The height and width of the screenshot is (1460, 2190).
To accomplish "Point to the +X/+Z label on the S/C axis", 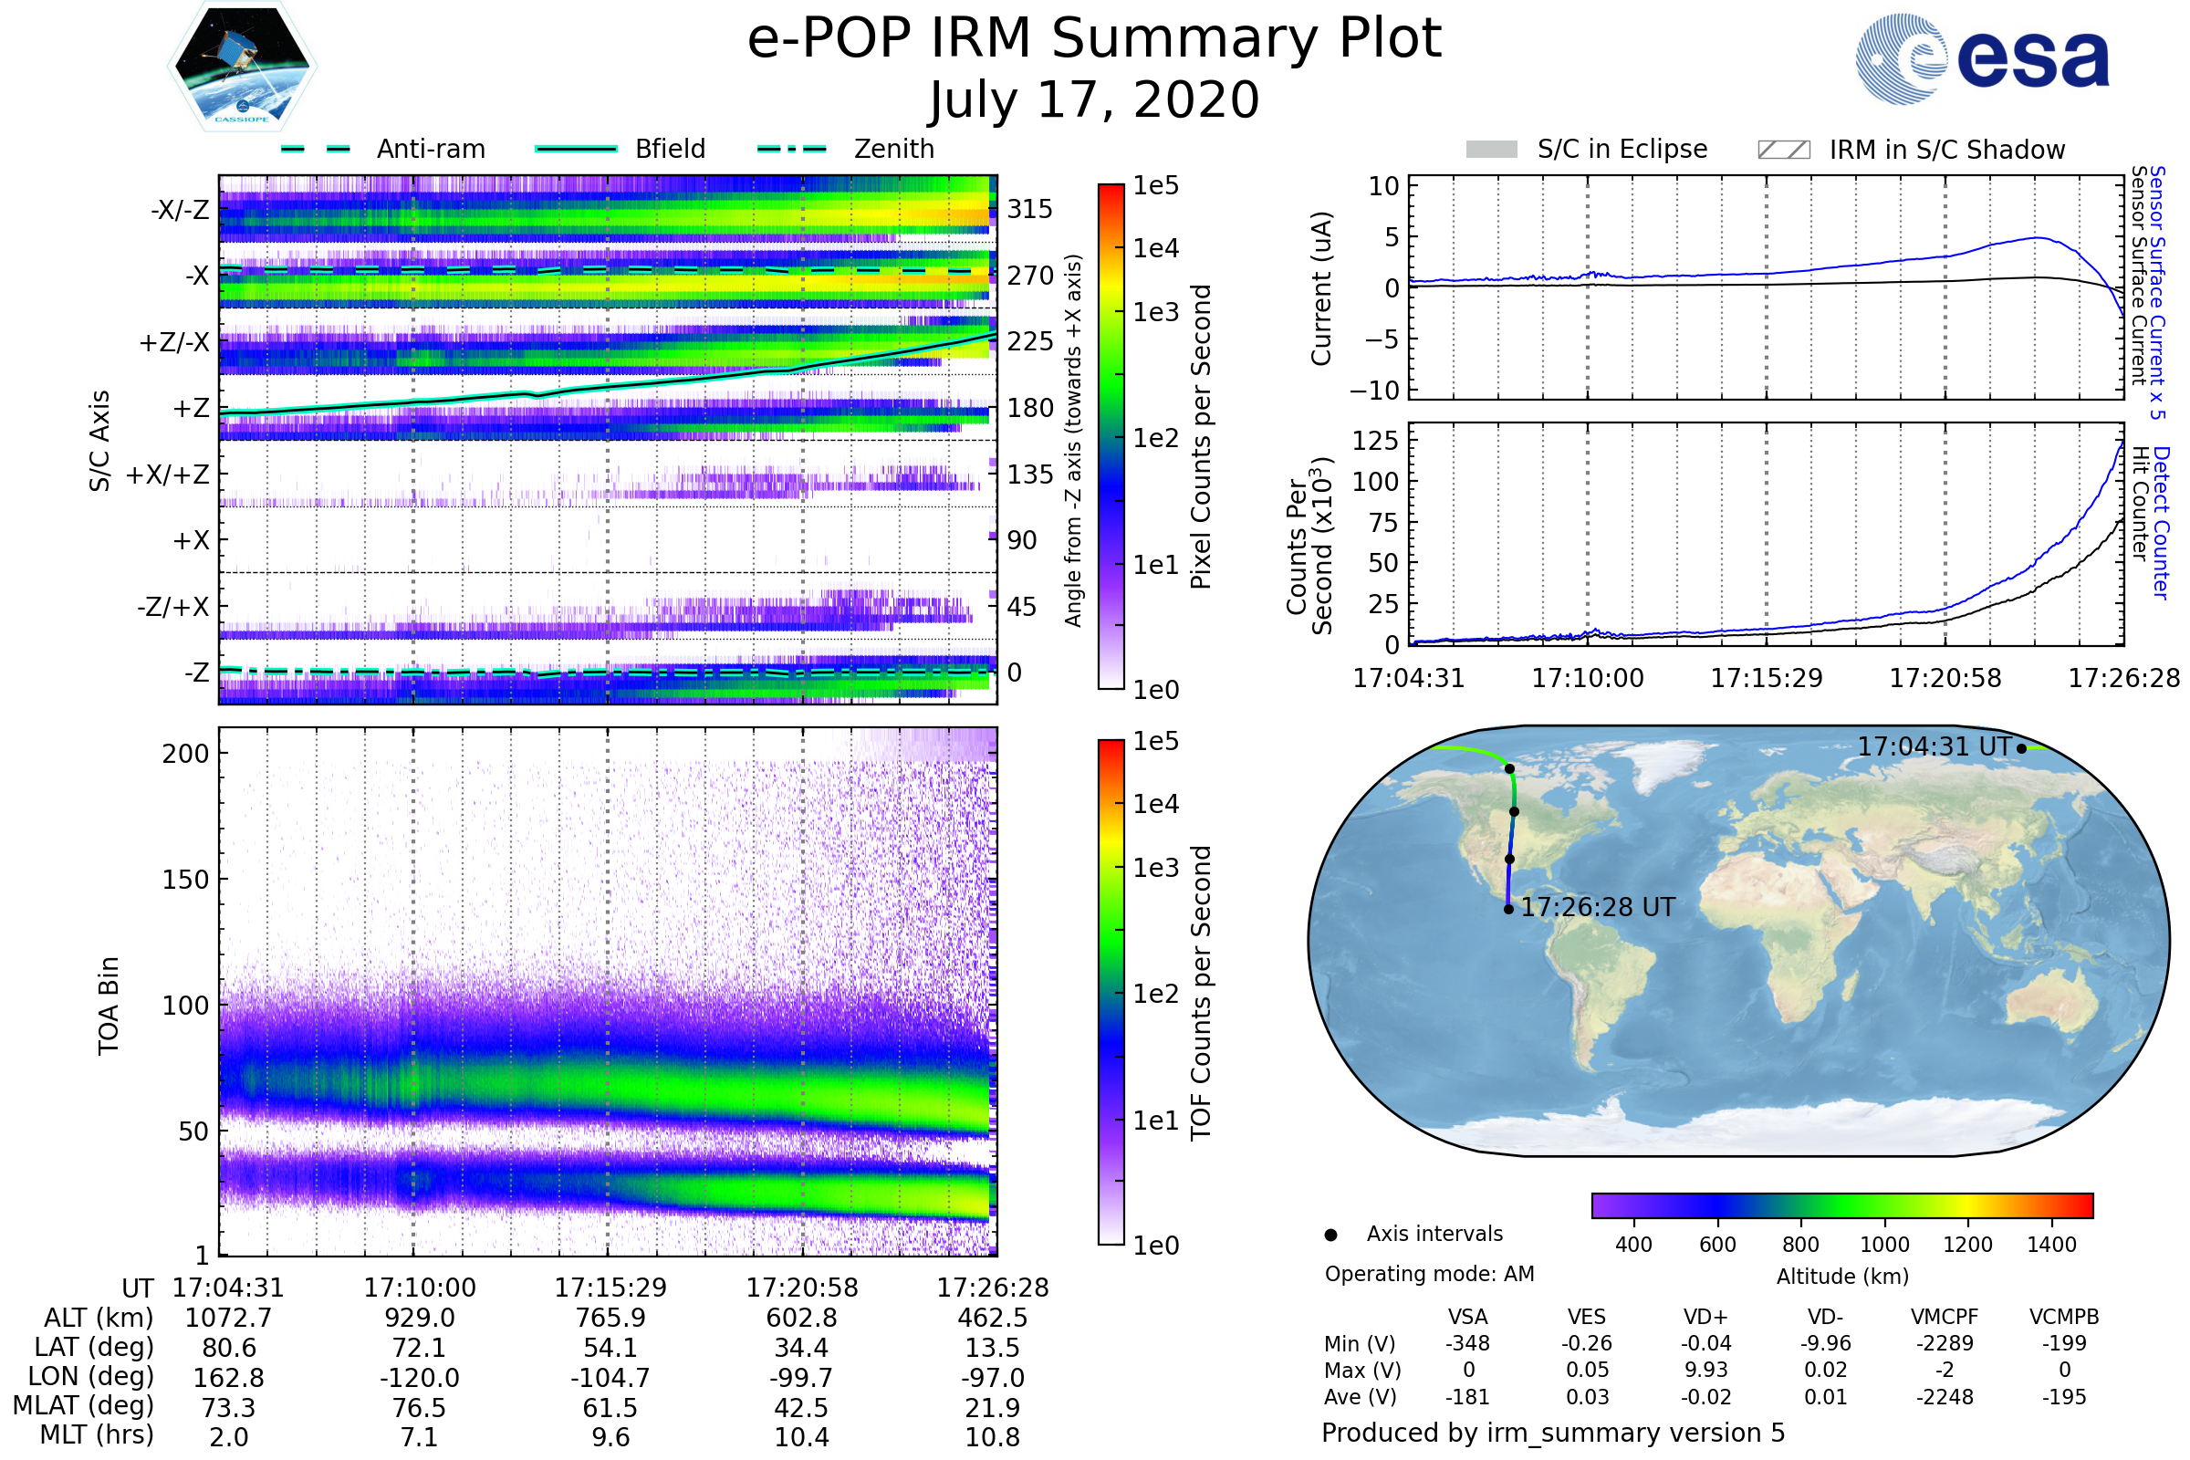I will coord(168,474).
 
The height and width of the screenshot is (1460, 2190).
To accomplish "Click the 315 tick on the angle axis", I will coord(1029,209).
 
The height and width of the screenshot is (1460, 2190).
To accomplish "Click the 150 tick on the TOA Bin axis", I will coord(185,880).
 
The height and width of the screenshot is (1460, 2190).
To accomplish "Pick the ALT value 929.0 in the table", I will coord(419,1318).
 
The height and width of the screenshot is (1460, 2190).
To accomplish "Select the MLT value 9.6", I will coord(610,1436).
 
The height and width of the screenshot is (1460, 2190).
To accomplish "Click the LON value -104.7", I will coord(610,1377).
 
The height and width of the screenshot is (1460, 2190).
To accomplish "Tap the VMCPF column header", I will coord(1945,1317).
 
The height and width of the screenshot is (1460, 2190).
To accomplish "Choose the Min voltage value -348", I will coord(1467,1343).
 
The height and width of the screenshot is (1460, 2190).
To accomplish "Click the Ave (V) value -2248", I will coord(1945,1397).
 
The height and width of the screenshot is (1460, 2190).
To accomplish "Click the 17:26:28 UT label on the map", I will coord(1597,907).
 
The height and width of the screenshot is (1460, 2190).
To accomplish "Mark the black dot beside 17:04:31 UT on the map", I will coord(2021,748).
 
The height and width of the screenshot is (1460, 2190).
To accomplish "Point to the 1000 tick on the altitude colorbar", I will coord(1883,1245).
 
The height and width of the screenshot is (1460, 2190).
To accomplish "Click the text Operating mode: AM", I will coord(1429,1274).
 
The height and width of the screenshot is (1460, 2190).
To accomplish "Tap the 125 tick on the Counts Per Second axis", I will coord(1375,440).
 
